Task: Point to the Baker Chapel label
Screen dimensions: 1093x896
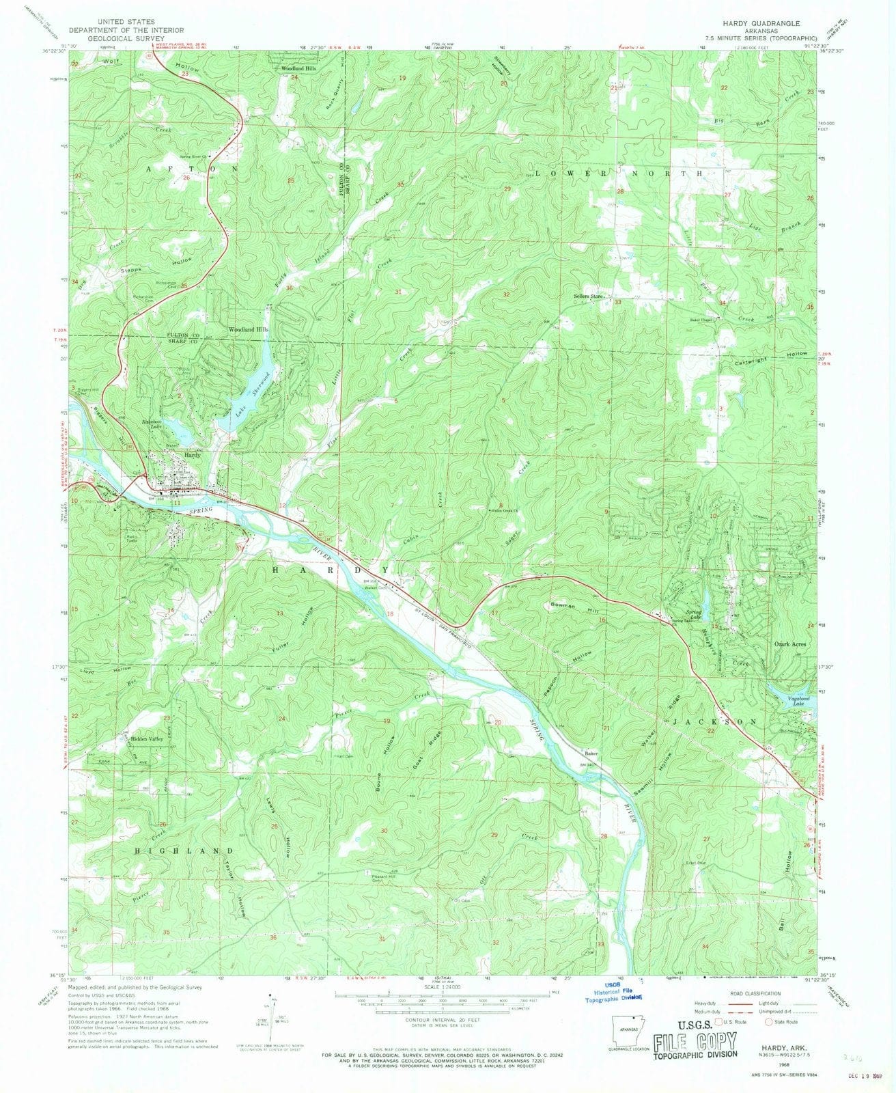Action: point(701,319)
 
